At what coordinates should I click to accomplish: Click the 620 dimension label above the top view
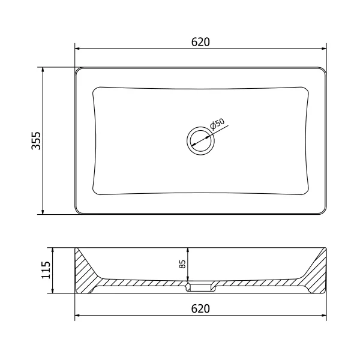point(200,42)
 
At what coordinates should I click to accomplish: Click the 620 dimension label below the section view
point(200,308)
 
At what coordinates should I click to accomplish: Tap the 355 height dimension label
point(36,141)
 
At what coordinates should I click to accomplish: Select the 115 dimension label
point(46,270)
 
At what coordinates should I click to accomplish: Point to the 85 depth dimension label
point(182,264)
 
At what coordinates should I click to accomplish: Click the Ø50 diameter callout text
point(217,124)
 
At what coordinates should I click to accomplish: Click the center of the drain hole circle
point(200,140)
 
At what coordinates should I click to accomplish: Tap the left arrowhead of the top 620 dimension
point(77,49)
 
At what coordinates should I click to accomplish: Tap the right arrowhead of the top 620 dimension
point(324,49)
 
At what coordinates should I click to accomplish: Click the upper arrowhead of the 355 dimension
point(43,70)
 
